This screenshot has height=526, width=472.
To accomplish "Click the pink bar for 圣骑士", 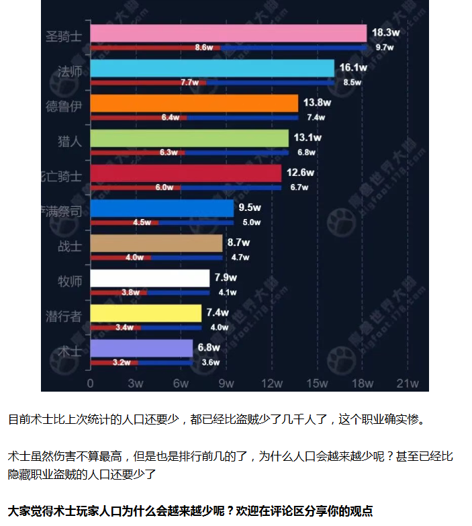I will point(228,34).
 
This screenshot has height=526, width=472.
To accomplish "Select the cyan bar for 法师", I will point(212,69).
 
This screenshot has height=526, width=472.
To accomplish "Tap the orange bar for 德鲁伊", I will point(194,103).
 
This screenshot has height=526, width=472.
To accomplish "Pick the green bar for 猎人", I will point(189,138).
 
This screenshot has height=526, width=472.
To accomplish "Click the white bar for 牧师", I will point(150,278).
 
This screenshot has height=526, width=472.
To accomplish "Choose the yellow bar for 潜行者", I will point(146,313).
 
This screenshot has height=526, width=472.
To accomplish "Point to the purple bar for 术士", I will point(142,348).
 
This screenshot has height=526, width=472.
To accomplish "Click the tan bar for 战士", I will point(156,243).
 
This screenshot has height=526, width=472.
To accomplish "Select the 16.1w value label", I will point(353,68).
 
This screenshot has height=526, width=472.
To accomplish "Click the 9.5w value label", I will point(250,208).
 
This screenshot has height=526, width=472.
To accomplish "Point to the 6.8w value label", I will point(209,347).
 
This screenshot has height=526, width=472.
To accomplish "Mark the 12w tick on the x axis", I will point(272,384).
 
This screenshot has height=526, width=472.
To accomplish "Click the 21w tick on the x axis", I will point(408,384).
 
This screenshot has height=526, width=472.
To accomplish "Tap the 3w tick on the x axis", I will point(136,384).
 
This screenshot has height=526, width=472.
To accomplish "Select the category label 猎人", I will point(70,141).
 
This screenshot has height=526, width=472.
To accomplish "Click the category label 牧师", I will point(70,281).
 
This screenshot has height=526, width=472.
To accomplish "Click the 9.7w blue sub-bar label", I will point(384,48).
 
